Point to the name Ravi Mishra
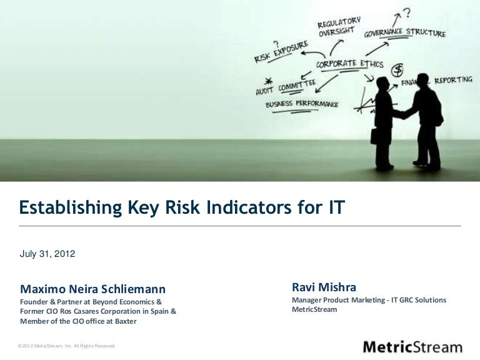point(324,288)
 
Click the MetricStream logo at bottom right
point(412,347)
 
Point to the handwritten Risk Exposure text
point(281,52)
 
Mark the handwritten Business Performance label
point(302,104)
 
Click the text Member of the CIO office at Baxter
point(78,321)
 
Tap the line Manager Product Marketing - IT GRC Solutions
point(369,301)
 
